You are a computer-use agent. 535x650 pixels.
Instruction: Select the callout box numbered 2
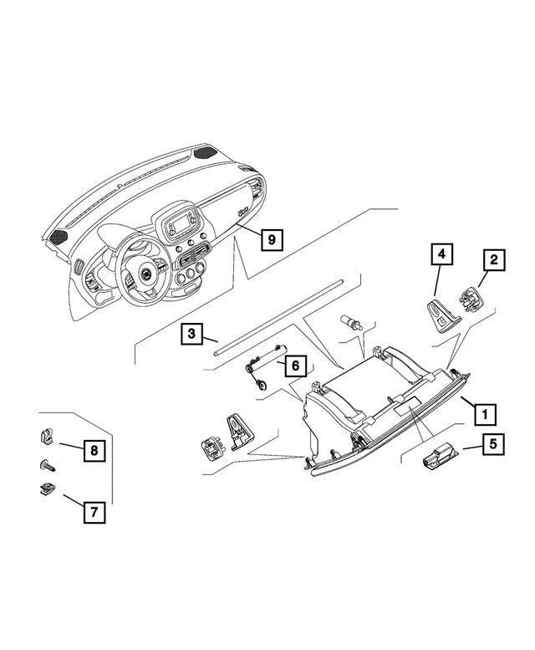pos(494,260)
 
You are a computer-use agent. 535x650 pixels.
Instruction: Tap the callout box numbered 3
pos(191,335)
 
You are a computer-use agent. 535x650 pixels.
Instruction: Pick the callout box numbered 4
pos(443,252)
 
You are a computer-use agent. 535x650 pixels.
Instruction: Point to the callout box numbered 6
pos(293,366)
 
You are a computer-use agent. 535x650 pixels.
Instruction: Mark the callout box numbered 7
pos(94,511)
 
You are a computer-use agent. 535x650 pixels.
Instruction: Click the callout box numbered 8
pos(94,450)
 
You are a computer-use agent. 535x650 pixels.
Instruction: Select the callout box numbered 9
pos(271,239)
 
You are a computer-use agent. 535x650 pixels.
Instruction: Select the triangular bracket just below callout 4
pos(440,315)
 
